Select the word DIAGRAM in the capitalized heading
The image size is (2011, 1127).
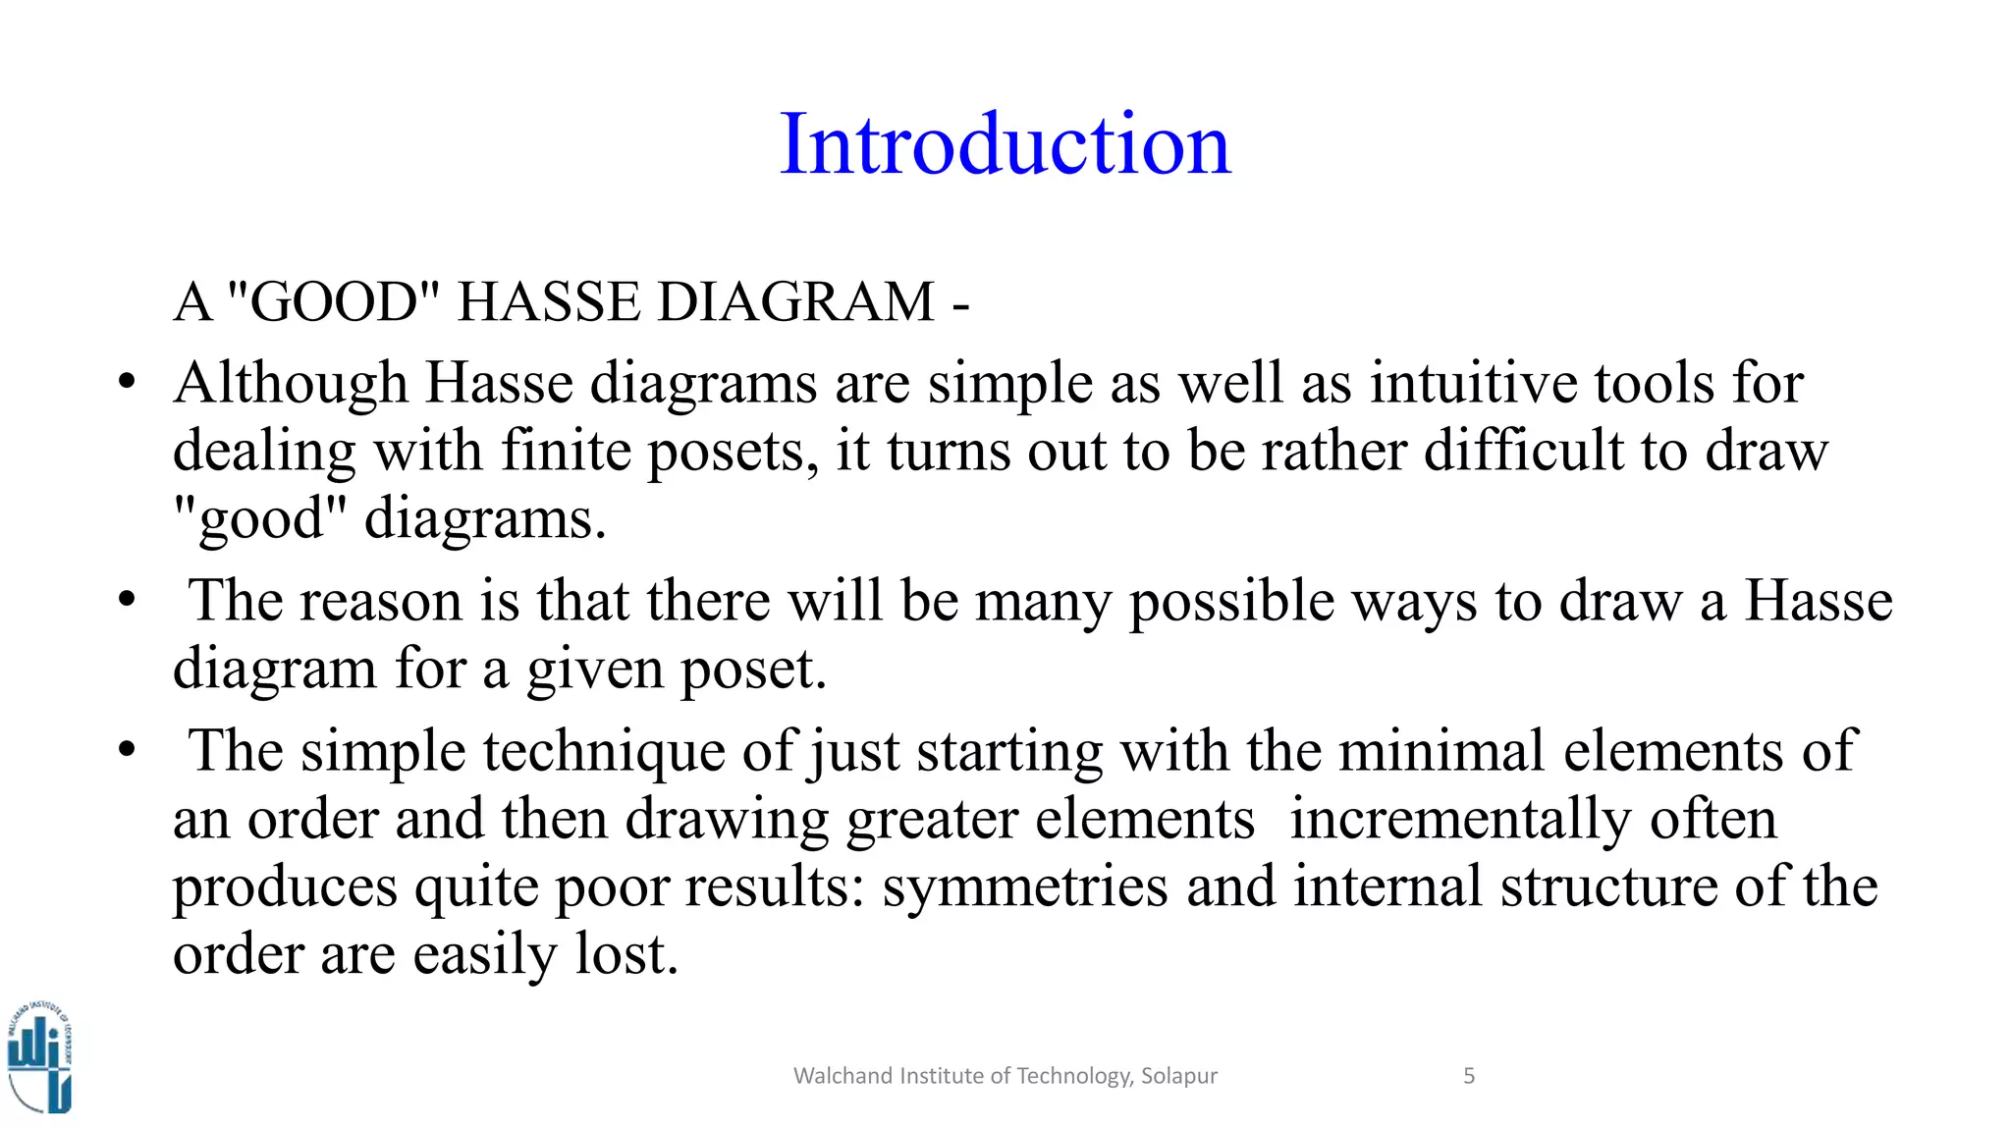[795, 301]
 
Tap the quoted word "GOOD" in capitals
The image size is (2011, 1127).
[333, 301]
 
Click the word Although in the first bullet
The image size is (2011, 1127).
[291, 383]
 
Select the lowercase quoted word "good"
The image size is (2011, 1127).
[260, 518]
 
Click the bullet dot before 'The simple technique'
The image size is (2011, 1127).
[126, 749]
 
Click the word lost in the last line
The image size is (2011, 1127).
[625, 954]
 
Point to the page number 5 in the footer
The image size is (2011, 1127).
[1469, 1076]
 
